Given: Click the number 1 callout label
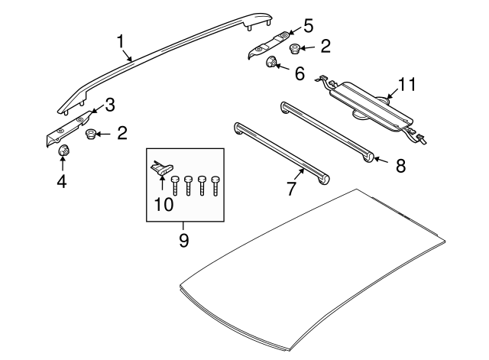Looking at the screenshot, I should tap(120, 41).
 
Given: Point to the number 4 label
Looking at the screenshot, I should tap(63, 183).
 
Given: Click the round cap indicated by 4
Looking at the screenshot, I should tap(64, 151).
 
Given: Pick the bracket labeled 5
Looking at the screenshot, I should tap(267, 45).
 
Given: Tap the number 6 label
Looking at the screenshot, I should tap(299, 75).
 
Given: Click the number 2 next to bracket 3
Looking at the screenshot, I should tap(122, 135).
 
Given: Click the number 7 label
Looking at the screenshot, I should tap(290, 189).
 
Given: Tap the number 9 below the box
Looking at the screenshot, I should tap(183, 240).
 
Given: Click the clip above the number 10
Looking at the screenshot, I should tap(163, 168).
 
